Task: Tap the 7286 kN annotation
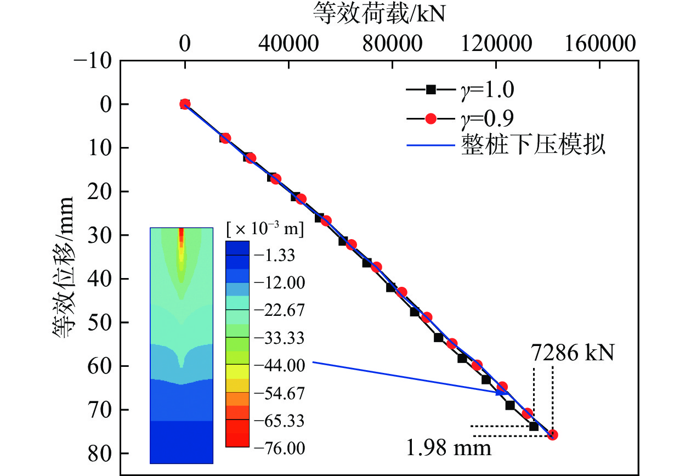tap(573, 353)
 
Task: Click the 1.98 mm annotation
tap(448, 449)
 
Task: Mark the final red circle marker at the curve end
tap(553, 435)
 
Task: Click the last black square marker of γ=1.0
tap(534, 426)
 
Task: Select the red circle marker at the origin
tap(185, 104)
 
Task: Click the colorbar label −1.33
tap(277, 255)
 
